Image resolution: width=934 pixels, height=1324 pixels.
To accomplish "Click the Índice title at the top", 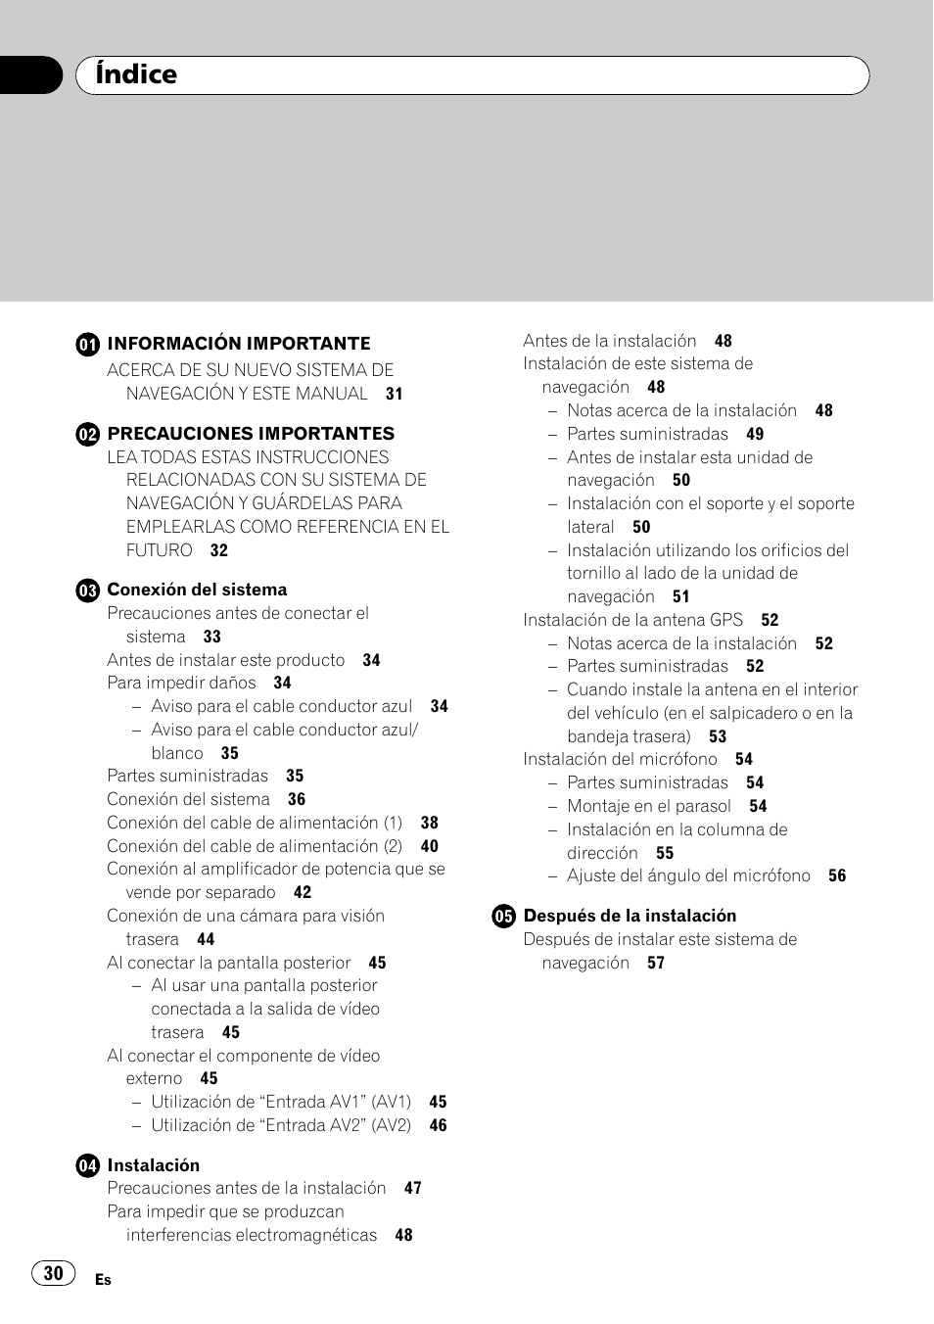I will [136, 74].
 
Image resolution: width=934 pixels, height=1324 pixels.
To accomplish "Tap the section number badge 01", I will [88, 344].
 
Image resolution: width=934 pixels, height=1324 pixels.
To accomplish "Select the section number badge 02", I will [88, 434].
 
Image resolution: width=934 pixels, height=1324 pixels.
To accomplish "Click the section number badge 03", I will [88, 591].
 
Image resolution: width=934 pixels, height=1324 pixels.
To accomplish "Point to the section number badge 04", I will [88, 1165].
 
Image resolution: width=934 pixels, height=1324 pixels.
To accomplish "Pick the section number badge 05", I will [503, 917].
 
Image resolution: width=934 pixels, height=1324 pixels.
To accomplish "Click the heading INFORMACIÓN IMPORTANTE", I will [239, 344].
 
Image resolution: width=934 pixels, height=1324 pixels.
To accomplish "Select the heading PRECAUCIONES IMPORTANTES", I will [251, 434].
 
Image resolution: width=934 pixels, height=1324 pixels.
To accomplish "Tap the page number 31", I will [395, 394].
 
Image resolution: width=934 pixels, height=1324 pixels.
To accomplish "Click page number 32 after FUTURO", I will [219, 550].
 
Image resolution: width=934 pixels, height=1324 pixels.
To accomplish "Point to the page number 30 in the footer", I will [54, 1273].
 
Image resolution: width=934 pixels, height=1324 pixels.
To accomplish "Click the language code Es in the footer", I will [103, 1280].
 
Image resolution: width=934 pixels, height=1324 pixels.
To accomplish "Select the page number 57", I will [656, 964].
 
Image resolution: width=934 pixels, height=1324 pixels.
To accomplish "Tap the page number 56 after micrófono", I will [837, 876].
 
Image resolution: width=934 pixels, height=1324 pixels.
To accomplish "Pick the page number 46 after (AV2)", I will [439, 1126].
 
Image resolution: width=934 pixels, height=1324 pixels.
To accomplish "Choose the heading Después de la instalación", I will [630, 917].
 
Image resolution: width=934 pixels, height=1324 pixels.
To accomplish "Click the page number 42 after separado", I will [303, 893].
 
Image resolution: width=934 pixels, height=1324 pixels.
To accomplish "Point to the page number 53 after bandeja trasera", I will [718, 736].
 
